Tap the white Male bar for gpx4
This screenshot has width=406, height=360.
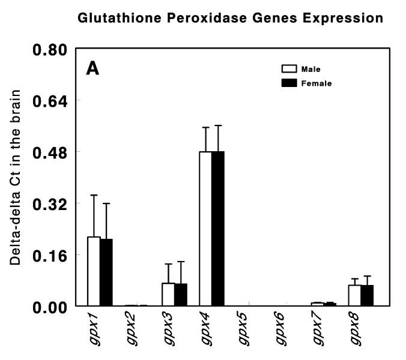click(205, 229)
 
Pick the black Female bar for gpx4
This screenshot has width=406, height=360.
click(218, 229)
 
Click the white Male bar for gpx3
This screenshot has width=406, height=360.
click(168, 295)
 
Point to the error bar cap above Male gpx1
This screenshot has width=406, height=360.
click(94, 195)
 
